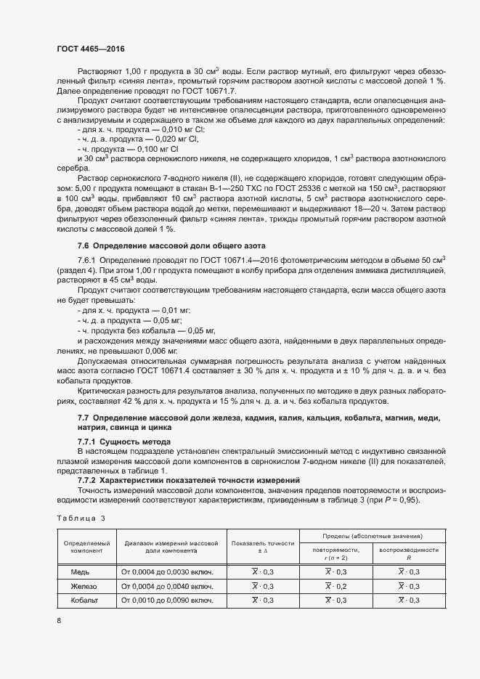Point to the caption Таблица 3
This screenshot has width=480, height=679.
click(x=81, y=518)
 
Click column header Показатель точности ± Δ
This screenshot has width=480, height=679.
click(x=262, y=548)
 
